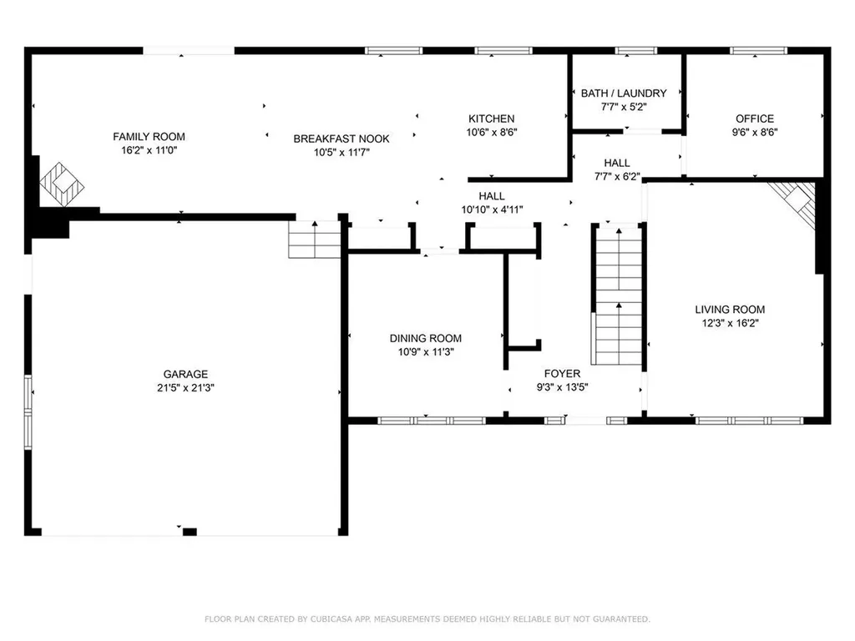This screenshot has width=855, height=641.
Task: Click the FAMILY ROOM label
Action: click(149, 137)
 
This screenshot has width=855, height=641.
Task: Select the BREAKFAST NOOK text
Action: click(341, 139)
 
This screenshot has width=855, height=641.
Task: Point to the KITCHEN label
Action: click(491, 119)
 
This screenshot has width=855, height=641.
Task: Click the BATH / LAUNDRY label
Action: click(624, 93)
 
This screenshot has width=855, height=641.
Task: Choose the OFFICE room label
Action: click(754, 119)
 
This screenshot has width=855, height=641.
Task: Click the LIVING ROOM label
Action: click(730, 310)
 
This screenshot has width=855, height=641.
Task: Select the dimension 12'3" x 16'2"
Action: click(730, 323)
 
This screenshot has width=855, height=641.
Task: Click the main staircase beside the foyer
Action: click(618, 292)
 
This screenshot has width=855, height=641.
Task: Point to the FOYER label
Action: click(564, 373)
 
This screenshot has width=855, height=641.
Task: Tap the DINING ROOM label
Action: click(425, 338)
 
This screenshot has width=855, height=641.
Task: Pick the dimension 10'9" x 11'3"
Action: click(425, 351)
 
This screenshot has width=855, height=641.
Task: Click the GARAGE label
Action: click(185, 374)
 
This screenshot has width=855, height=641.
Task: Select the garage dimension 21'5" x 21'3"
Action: click(185, 387)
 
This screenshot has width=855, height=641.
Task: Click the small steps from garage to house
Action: click(315, 240)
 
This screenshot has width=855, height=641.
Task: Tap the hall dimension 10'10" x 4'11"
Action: click(491, 209)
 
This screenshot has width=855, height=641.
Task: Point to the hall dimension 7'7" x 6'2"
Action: click(617, 176)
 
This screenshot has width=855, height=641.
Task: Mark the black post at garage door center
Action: click(190, 532)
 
